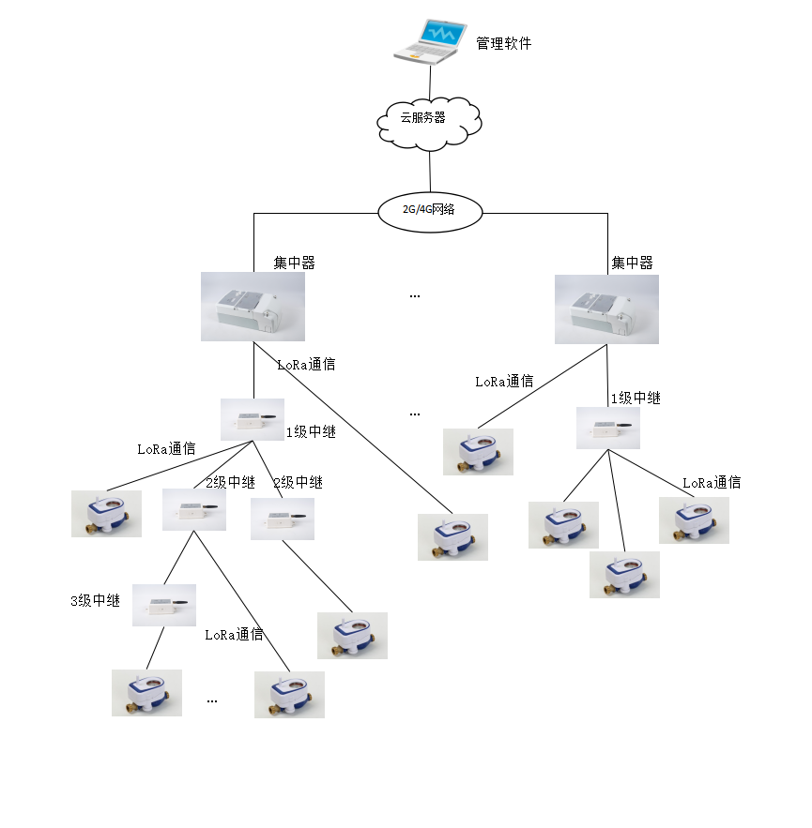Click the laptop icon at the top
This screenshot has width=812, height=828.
430,42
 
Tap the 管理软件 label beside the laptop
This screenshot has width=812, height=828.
504,43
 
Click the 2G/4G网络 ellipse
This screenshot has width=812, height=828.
429,210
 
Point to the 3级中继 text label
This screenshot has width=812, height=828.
95,602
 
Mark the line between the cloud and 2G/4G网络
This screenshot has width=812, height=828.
430,169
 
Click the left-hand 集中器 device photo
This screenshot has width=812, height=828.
253,307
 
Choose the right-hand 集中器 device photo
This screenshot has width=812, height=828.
606,309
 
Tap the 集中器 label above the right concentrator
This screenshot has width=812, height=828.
632,263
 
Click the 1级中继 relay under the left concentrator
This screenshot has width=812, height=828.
252,419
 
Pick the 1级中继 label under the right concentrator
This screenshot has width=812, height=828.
636,399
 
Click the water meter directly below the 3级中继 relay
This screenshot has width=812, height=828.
146,693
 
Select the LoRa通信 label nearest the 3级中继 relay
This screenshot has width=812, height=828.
234,635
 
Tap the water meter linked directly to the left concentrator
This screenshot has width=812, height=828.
452,537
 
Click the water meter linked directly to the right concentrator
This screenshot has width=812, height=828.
478,452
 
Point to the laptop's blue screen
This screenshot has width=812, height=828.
442,34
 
